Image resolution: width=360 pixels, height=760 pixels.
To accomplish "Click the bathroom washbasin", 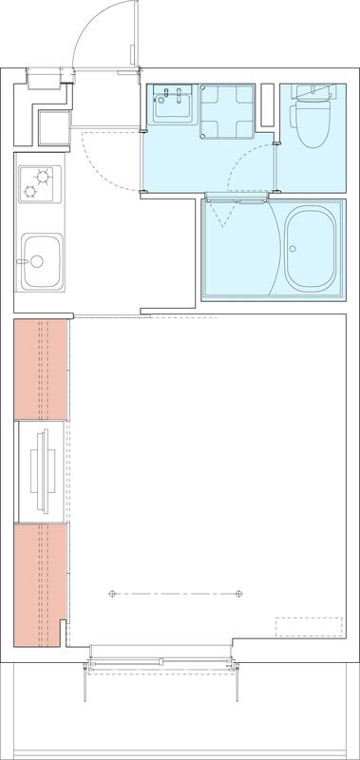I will click(x=172, y=105).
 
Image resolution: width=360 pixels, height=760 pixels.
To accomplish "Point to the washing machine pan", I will click(x=228, y=111).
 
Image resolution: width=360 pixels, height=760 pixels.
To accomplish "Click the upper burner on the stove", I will click(x=44, y=175).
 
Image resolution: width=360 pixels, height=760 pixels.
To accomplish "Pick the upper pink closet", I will click(x=39, y=369).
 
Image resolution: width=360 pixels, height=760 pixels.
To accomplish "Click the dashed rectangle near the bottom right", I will click(x=308, y=628).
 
